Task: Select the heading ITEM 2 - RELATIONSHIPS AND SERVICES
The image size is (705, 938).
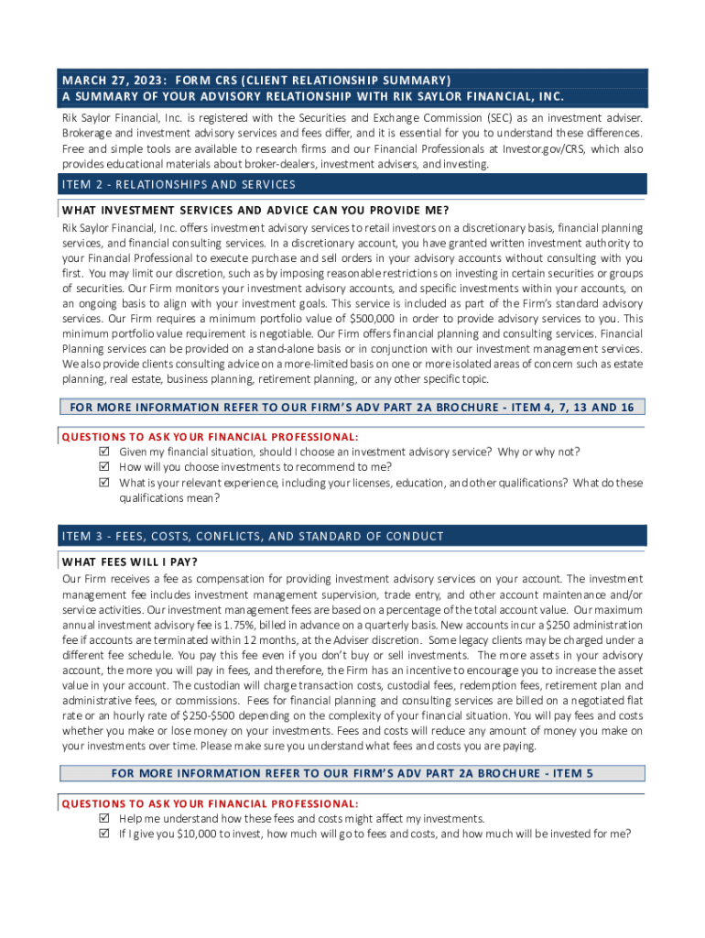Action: (179, 184)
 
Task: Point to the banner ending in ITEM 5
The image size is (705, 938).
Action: (352, 774)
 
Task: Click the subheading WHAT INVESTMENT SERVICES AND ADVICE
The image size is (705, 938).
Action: (243, 210)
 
